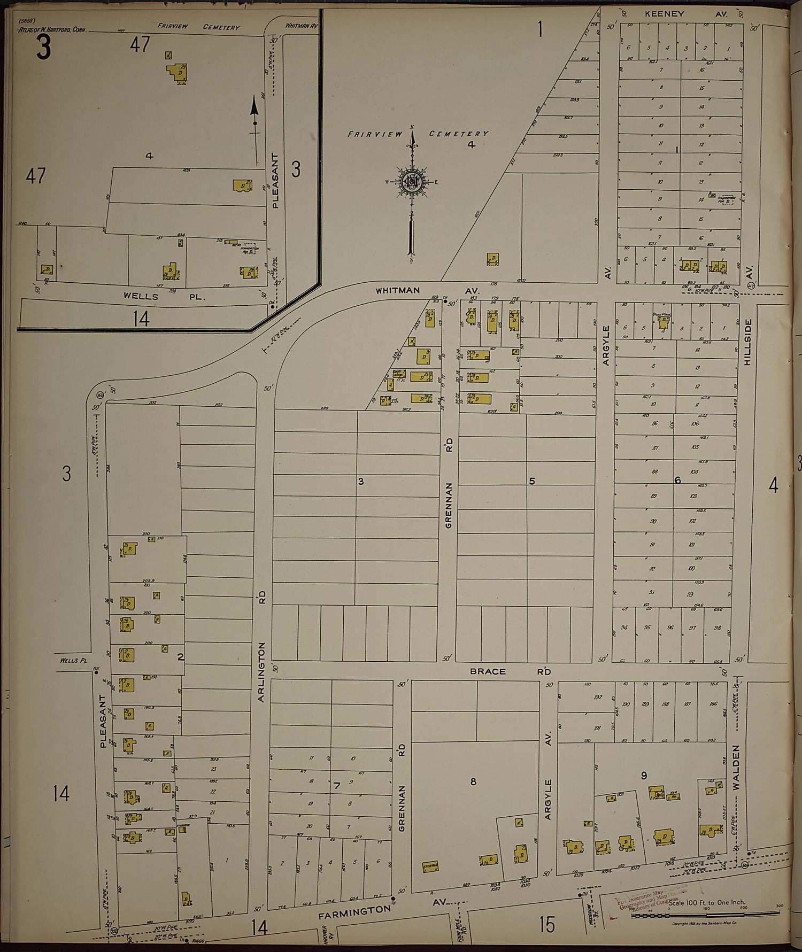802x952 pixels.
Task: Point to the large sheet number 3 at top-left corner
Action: coord(43,47)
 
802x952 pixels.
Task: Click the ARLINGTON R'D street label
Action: coord(263,623)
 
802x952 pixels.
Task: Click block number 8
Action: coord(473,782)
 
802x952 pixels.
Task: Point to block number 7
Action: coord(336,786)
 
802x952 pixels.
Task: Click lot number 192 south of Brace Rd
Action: coord(597,698)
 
